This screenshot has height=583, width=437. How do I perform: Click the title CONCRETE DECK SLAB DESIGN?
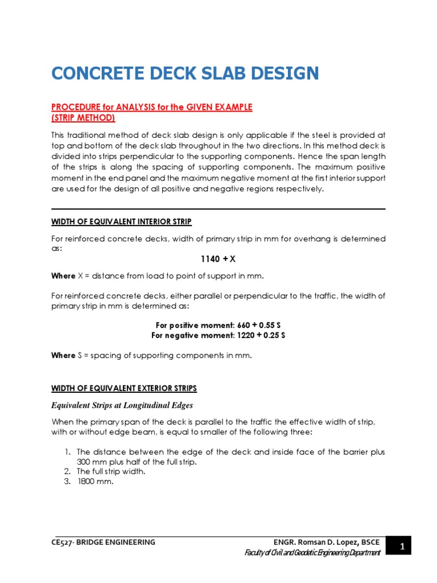click(x=185, y=73)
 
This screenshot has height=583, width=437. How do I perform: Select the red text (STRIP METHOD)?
click(x=83, y=118)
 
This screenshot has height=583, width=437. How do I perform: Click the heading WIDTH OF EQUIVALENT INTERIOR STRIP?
click(x=121, y=221)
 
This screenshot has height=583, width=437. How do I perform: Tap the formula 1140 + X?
click(x=218, y=259)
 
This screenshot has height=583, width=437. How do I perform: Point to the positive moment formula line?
click(x=218, y=325)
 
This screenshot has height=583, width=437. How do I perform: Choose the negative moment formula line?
click(x=218, y=335)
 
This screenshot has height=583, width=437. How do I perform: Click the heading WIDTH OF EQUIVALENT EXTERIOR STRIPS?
click(x=124, y=388)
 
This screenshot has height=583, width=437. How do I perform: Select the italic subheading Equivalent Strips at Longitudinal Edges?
click(x=122, y=405)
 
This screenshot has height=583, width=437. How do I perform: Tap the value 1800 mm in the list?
click(x=96, y=482)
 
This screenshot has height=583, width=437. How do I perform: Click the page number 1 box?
click(x=402, y=547)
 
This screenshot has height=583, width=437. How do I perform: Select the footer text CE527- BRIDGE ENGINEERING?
click(x=103, y=543)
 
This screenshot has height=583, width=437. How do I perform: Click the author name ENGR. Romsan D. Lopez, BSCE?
click(x=326, y=543)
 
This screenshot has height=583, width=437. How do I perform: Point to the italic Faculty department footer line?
click(x=312, y=553)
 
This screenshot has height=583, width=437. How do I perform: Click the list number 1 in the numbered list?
click(x=66, y=452)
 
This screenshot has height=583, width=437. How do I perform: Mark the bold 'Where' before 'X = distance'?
click(x=63, y=276)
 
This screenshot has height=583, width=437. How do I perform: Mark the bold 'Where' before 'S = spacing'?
click(x=63, y=355)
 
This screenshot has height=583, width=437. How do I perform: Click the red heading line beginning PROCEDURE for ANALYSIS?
click(x=152, y=107)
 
